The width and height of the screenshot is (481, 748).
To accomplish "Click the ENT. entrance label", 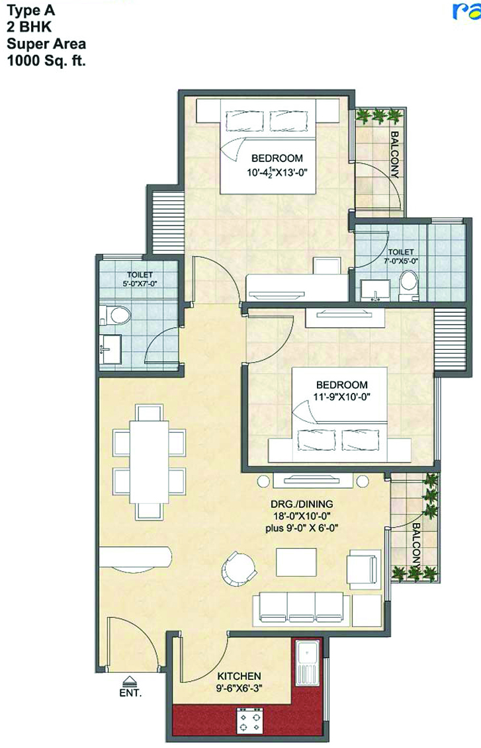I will click(x=130, y=694).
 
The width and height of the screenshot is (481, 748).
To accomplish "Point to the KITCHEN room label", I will click(x=239, y=676).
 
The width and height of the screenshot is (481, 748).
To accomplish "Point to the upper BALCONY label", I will click(x=395, y=154).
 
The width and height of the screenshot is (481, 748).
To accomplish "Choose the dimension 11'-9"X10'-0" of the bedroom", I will click(x=341, y=398).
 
